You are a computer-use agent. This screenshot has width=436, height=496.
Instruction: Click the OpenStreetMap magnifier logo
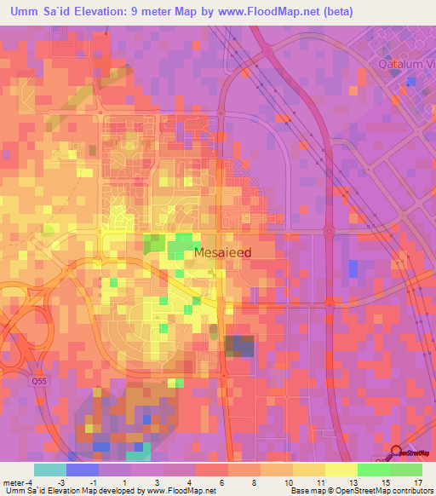point(398,453)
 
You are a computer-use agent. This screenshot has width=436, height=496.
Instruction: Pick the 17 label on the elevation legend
point(417,483)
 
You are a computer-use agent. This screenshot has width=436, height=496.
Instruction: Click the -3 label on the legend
point(83,483)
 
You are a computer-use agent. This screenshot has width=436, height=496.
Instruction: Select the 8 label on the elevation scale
point(255,483)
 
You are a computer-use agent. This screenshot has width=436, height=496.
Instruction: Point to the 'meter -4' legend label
point(17,483)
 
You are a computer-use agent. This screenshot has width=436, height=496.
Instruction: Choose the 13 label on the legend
point(352,483)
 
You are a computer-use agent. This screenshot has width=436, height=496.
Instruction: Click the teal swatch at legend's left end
point(49,470)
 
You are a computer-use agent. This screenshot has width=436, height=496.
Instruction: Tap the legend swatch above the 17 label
point(406,470)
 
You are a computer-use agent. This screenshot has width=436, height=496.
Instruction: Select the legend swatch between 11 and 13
point(341,470)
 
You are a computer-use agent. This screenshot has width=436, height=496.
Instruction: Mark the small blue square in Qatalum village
point(412,81)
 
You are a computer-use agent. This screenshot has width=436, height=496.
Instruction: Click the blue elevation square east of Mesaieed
point(353,268)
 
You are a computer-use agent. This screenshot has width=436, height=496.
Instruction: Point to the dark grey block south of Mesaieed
point(239,346)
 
